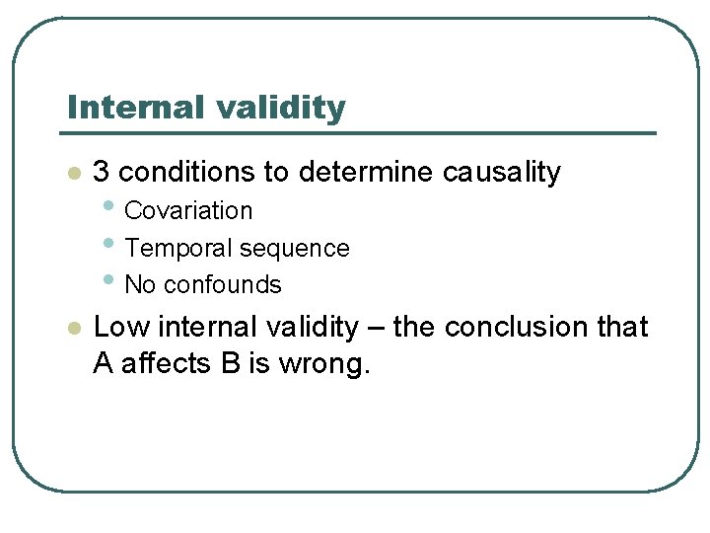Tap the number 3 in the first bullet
[101, 172]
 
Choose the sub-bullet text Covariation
[188, 211]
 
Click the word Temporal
[174, 248]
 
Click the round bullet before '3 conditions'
[71, 174]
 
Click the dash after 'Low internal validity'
[374, 328]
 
